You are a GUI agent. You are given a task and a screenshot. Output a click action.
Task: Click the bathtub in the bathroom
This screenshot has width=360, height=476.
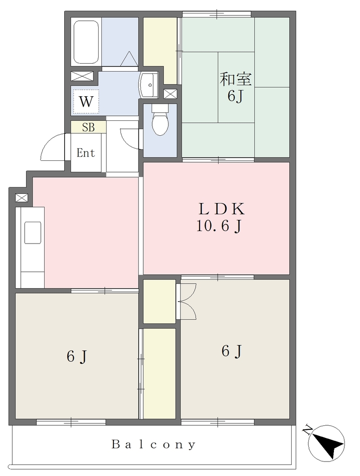86,42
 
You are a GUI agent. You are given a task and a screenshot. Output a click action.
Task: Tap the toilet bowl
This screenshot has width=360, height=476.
160,120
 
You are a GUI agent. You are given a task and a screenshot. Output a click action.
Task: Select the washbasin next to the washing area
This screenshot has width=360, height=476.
148,85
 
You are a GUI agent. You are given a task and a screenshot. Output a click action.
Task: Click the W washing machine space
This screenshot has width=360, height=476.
86,101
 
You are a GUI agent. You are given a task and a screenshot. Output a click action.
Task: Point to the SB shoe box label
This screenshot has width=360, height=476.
88,127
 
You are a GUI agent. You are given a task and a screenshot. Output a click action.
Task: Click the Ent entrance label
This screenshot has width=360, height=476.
86,152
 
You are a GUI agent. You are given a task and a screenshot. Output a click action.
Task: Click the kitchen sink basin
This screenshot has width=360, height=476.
33,232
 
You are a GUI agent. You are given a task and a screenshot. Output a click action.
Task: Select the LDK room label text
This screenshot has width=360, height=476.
221,209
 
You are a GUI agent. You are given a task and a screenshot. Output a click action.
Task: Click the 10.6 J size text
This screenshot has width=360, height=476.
219,226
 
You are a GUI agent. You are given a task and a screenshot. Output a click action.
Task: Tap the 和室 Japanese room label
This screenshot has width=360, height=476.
236,79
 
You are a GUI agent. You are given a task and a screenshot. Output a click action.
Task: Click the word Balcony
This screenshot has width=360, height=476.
153,444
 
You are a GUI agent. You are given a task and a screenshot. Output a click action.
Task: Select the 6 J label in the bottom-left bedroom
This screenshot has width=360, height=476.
77,356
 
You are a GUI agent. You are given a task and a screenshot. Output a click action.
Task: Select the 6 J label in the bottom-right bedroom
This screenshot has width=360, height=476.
232,351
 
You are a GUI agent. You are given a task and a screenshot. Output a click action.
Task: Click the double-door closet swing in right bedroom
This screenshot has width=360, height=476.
188,301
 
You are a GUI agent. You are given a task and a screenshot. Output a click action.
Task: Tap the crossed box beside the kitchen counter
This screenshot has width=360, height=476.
21,198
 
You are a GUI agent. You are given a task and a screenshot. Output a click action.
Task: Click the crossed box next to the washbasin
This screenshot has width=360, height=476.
170,94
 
